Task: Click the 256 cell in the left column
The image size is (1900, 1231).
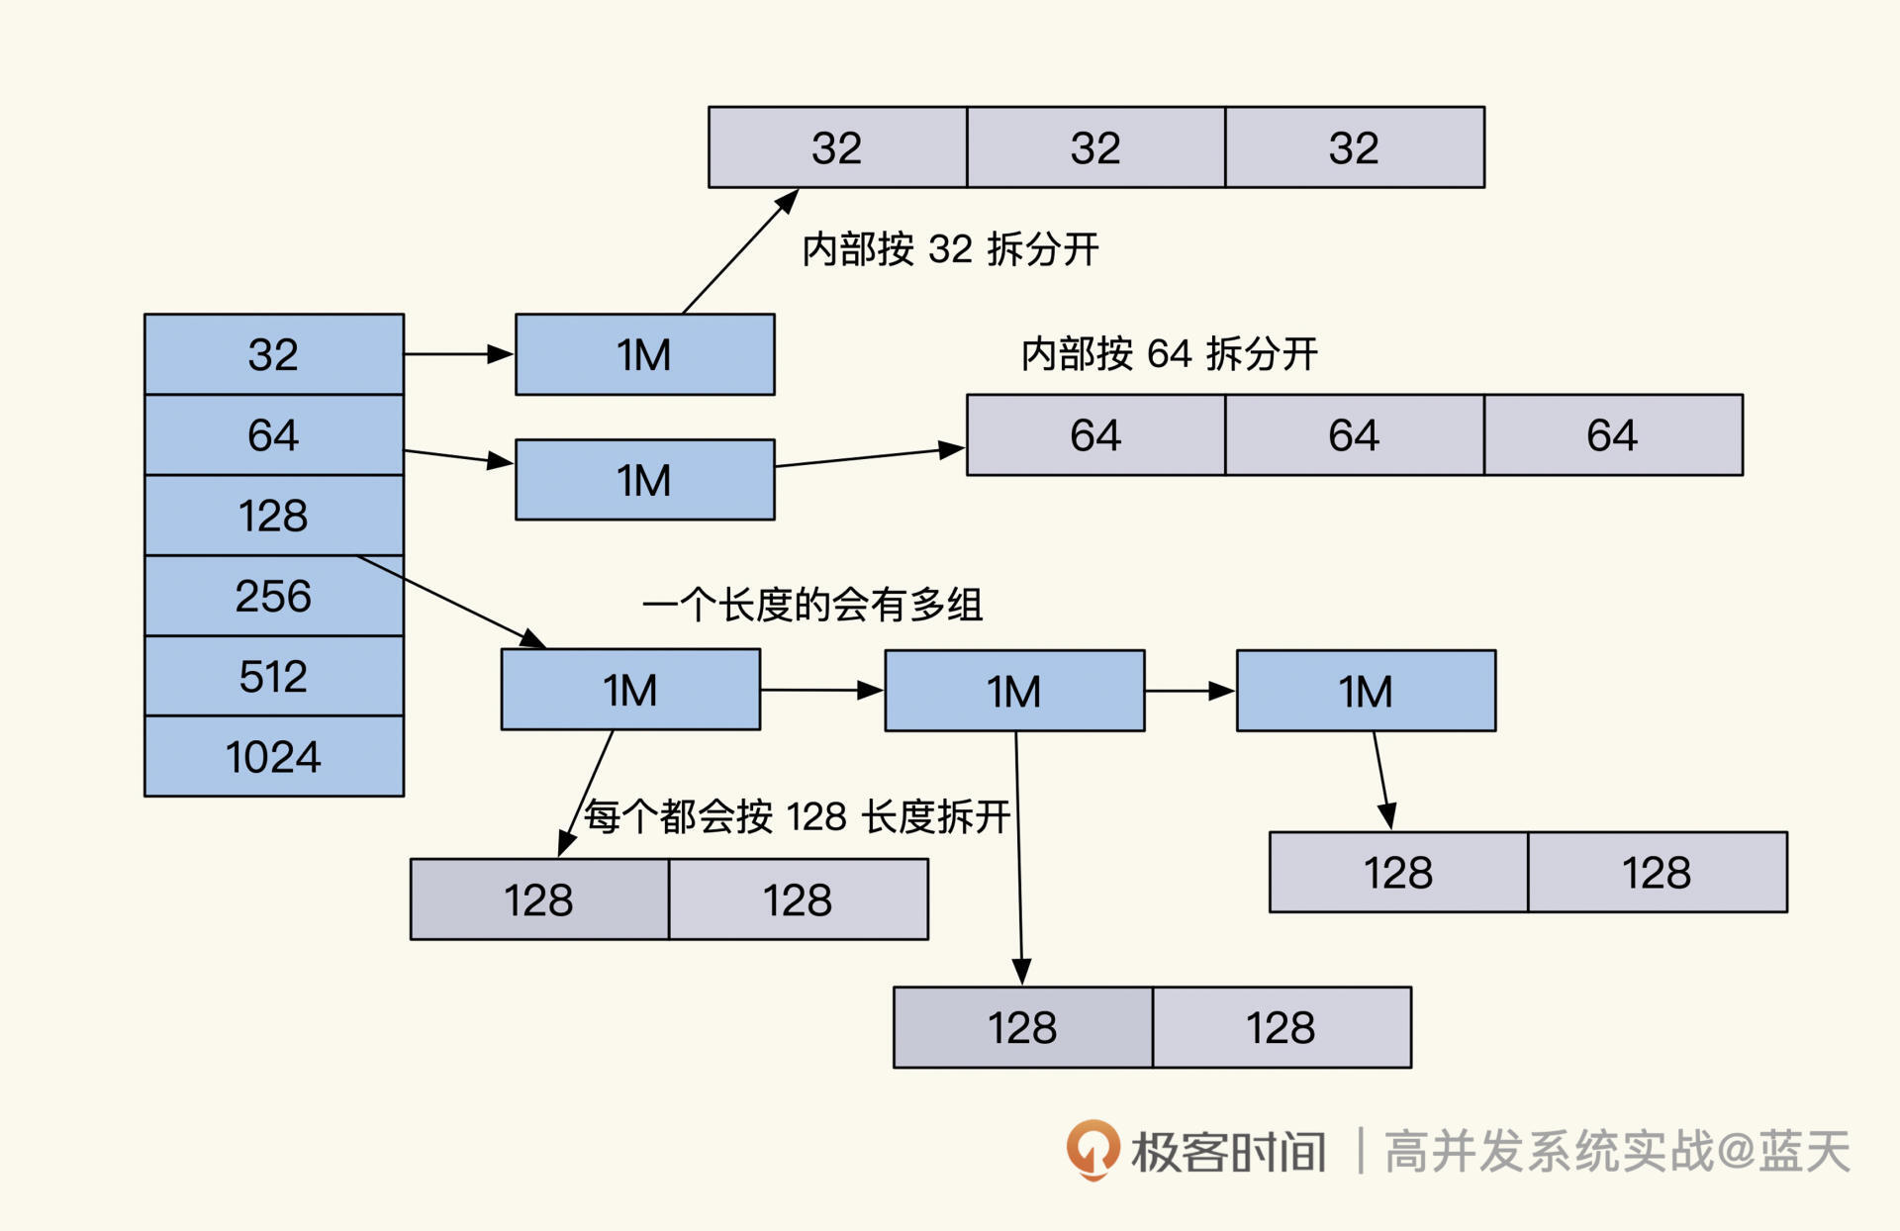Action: [273, 596]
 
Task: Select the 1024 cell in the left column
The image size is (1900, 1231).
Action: [273, 757]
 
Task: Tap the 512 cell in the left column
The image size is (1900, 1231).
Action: [273, 677]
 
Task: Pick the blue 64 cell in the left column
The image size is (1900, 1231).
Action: [273, 435]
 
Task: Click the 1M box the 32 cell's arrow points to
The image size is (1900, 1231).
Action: [644, 355]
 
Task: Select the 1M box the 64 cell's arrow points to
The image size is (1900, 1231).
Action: [644, 480]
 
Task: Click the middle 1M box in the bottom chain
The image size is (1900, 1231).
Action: [1014, 691]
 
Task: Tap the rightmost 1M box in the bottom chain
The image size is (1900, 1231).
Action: [1366, 691]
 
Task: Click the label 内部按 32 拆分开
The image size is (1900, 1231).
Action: [950, 249]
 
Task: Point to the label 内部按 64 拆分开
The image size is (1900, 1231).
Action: [1169, 354]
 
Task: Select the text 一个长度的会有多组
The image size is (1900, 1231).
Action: [811, 605]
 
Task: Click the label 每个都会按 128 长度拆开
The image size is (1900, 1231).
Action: [797, 817]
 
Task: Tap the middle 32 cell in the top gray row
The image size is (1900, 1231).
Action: [1095, 148]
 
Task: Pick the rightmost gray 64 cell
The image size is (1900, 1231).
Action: [1613, 435]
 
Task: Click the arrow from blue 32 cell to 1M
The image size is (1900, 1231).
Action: [458, 354]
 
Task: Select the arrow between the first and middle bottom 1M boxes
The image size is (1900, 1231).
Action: [821, 690]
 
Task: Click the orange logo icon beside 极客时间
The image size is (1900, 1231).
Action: [1092, 1150]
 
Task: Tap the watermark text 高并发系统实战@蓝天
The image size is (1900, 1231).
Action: [1616, 1152]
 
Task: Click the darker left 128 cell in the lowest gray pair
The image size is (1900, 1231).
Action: [1022, 1027]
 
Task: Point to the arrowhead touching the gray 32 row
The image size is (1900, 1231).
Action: [787, 201]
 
